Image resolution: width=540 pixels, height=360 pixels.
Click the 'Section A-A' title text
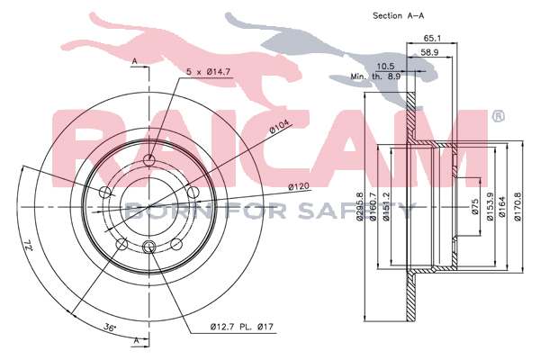399,15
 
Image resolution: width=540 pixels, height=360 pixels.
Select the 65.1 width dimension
432,38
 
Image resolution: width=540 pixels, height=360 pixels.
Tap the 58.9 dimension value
429,52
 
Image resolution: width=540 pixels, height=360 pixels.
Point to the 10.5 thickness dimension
386,66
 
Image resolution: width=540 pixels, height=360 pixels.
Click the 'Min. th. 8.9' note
375,76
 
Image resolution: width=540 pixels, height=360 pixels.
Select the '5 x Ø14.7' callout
208,72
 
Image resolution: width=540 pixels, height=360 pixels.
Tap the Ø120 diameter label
299,187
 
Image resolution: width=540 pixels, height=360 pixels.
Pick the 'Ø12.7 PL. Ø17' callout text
242,326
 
